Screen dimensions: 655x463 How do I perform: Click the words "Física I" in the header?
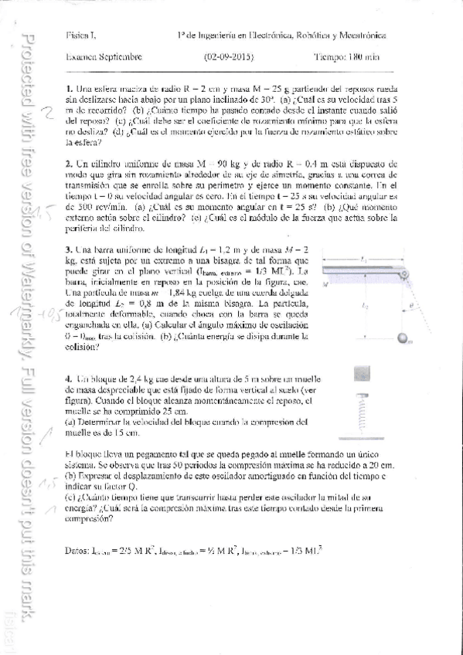point(80,36)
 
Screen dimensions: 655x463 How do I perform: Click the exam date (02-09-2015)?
point(229,56)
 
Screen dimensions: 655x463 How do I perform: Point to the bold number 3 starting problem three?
point(70,251)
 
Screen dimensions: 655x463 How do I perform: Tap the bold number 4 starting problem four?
point(70,379)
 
